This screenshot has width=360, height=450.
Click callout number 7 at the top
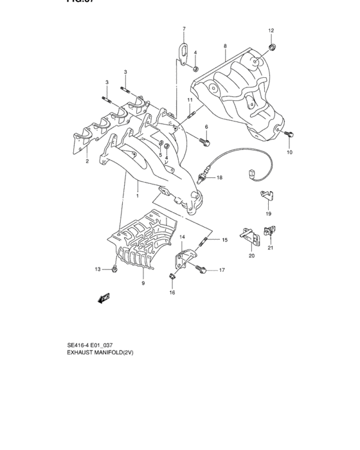[183, 29]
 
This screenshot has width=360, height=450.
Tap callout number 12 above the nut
[271, 31]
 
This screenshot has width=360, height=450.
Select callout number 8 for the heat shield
[225, 46]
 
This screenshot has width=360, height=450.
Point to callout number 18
[219, 177]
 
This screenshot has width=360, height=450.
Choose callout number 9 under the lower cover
[143, 282]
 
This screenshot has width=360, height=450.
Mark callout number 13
[98, 269]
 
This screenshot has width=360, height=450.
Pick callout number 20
[251, 255]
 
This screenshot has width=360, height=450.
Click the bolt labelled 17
[204, 271]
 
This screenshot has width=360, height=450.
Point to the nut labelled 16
[172, 278]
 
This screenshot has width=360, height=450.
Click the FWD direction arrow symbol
[104, 298]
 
